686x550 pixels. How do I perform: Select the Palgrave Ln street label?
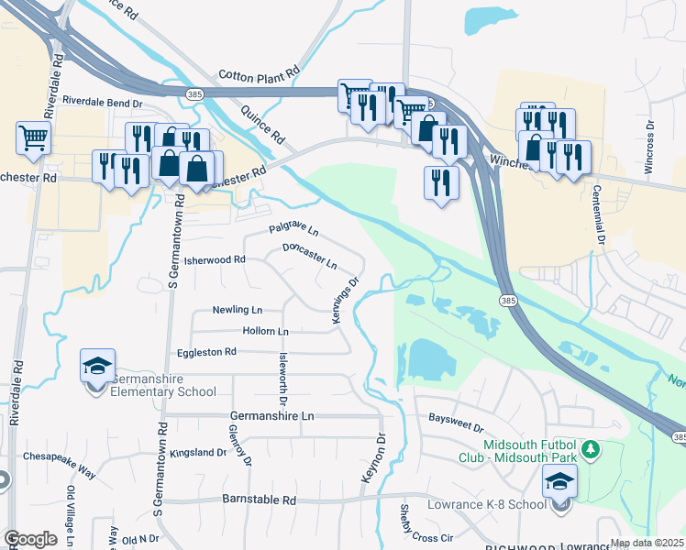(293, 229)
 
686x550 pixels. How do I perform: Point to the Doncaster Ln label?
(309, 254)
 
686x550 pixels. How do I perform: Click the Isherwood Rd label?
(216, 259)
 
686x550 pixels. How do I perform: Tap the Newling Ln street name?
(237, 310)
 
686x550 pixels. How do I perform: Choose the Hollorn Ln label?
(265, 330)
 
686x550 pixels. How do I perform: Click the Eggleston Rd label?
(205, 352)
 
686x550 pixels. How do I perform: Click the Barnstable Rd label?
(260, 500)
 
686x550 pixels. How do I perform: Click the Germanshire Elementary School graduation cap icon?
(97, 366)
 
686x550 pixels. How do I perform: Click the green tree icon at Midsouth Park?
(592, 449)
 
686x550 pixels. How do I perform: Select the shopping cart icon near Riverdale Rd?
(33, 138)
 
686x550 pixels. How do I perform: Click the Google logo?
(30, 539)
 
